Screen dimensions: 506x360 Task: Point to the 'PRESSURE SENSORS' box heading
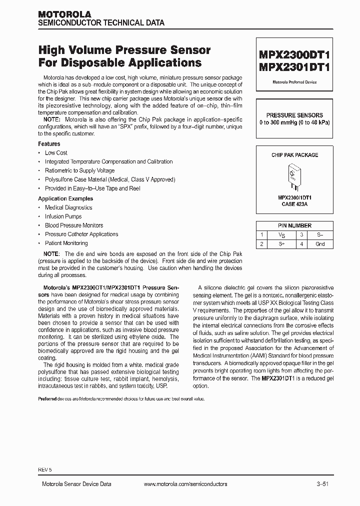(294, 115)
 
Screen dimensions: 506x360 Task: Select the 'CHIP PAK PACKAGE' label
(294, 155)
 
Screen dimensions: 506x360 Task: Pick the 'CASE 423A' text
(294, 204)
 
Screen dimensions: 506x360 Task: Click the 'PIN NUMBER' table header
(294, 225)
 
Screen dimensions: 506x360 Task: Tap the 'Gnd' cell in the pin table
(320, 244)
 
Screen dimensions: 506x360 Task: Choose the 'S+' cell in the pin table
(282, 244)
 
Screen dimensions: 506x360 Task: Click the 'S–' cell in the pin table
(320, 234)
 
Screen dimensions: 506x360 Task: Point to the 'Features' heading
(49, 144)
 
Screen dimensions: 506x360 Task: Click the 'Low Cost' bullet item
(56, 153)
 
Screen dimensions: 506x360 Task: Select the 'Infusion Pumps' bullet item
(63, 216)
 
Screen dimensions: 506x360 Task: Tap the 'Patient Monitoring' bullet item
(66, 243)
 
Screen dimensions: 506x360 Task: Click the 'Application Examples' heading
(65, 198)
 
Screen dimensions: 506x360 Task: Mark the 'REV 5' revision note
(44, 470)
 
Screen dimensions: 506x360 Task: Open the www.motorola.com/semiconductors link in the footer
(185, 484)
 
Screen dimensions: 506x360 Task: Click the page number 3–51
(322, 484)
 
